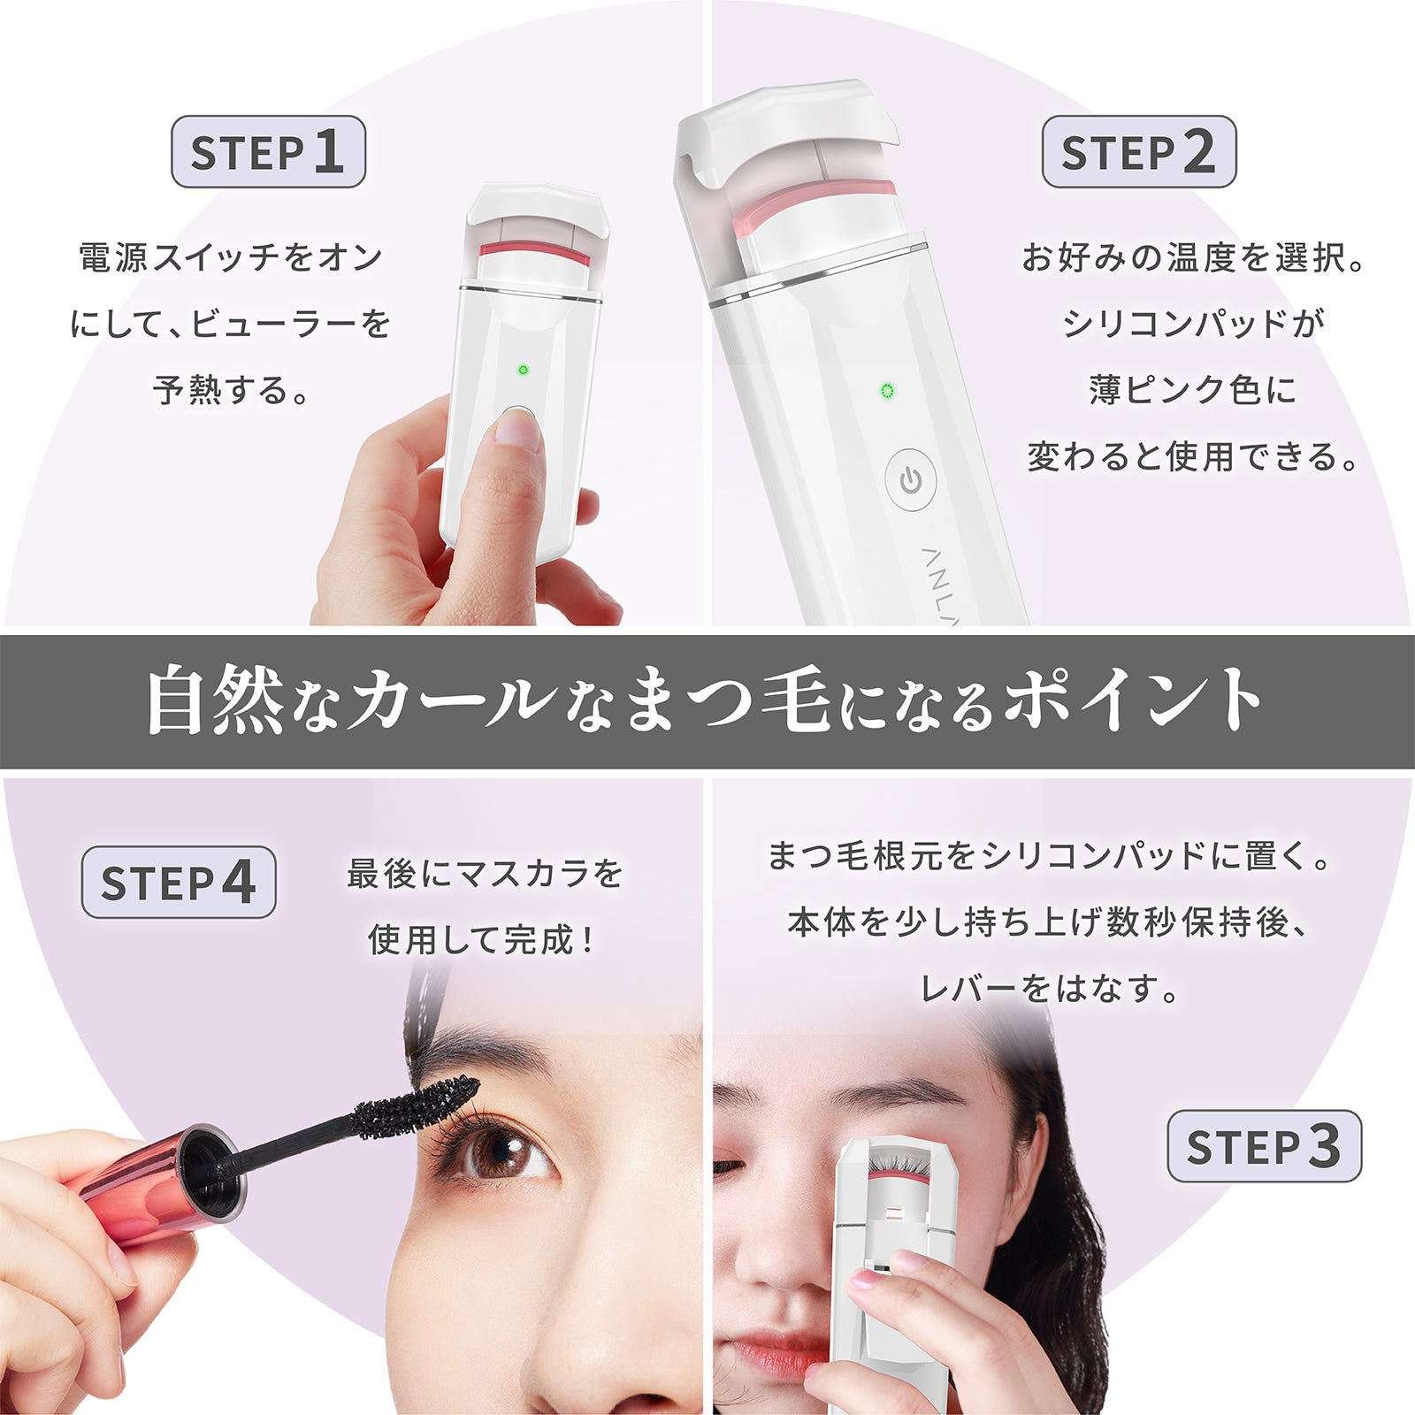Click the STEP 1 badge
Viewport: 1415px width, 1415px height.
click(x=268, y=151)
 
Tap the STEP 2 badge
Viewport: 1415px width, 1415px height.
click(x=1138, y=151)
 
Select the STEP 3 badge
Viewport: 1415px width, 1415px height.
click(x=1264, y=1146)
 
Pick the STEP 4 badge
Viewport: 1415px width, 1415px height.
click(x=179, y=882)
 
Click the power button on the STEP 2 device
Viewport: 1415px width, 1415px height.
click(x=910, y=481)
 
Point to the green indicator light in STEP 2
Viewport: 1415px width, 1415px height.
click(x=888, y=391)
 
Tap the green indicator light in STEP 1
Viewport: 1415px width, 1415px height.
click(x=523, y=370)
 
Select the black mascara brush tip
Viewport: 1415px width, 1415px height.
click(x=420, y=1105)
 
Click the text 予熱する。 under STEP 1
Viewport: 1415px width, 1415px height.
click(x=232, y=389)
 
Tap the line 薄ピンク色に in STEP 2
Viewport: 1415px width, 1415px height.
click(x=1192, y=389)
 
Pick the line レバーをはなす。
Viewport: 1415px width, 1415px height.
click(x=1049, y=988)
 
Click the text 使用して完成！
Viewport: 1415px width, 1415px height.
click(x=483, y=939)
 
